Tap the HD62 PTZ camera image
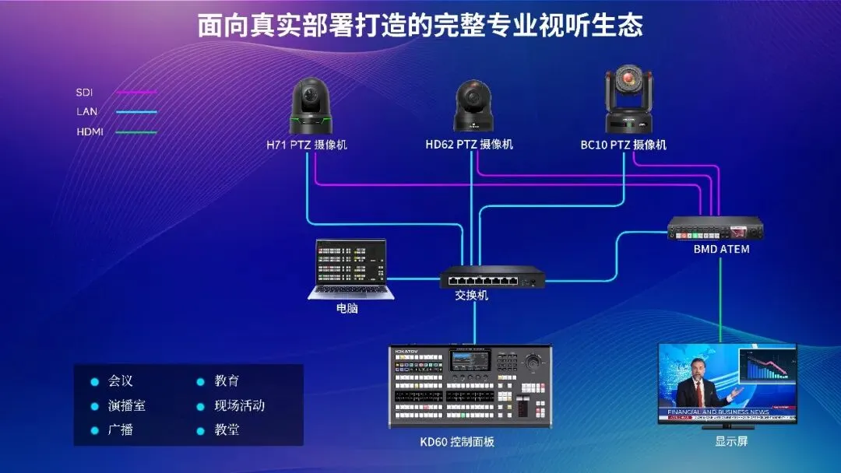coord(472,107)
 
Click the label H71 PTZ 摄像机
coord(307,145)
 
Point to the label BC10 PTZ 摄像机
coord(623,145)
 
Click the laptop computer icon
coord(351,268)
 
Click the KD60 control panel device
coord(470,386)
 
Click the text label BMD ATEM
coord(721,249)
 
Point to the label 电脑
coord(347,308)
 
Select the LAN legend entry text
coord(86,112)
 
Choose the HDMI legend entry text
coord(90,131)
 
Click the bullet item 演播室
coord(126,405)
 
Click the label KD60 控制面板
coord(457,442)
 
